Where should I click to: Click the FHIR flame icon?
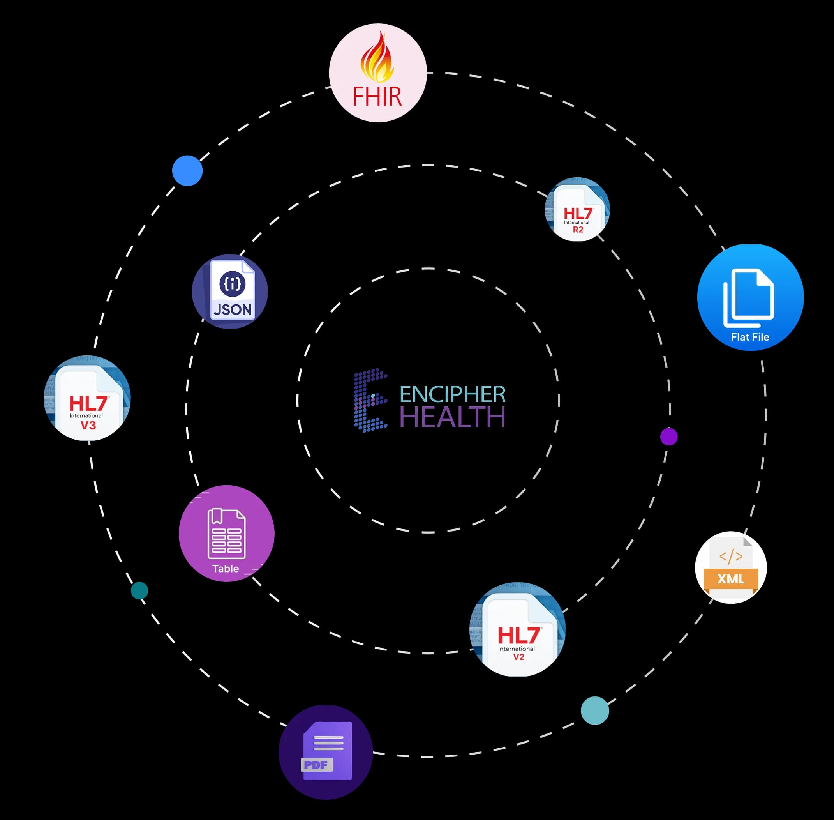tap(377, 58)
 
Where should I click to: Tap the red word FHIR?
tap(377, 97)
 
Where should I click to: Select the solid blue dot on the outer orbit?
tap(187, 171)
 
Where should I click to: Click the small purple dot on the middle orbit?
tap(669, 437)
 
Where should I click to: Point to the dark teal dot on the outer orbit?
tap(139, 590)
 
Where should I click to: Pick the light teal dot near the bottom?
tap(594, 710)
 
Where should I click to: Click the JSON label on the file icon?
tap(233, 310)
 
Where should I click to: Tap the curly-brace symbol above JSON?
tap(233, 284)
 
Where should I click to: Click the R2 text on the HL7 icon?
tap(578, 230)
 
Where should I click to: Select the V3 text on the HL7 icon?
tap(88, 426)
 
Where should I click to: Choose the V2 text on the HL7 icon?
tap(518, 657)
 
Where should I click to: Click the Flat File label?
tap(749, 337)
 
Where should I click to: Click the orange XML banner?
tap(731, 579)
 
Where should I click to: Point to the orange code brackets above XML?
tap(731, 557)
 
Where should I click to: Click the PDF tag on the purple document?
tap(316, 765)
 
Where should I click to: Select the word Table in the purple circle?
tap(226, 569)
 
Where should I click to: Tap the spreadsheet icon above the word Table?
tap(226, 534)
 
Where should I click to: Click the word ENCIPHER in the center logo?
tap(453, 394)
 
